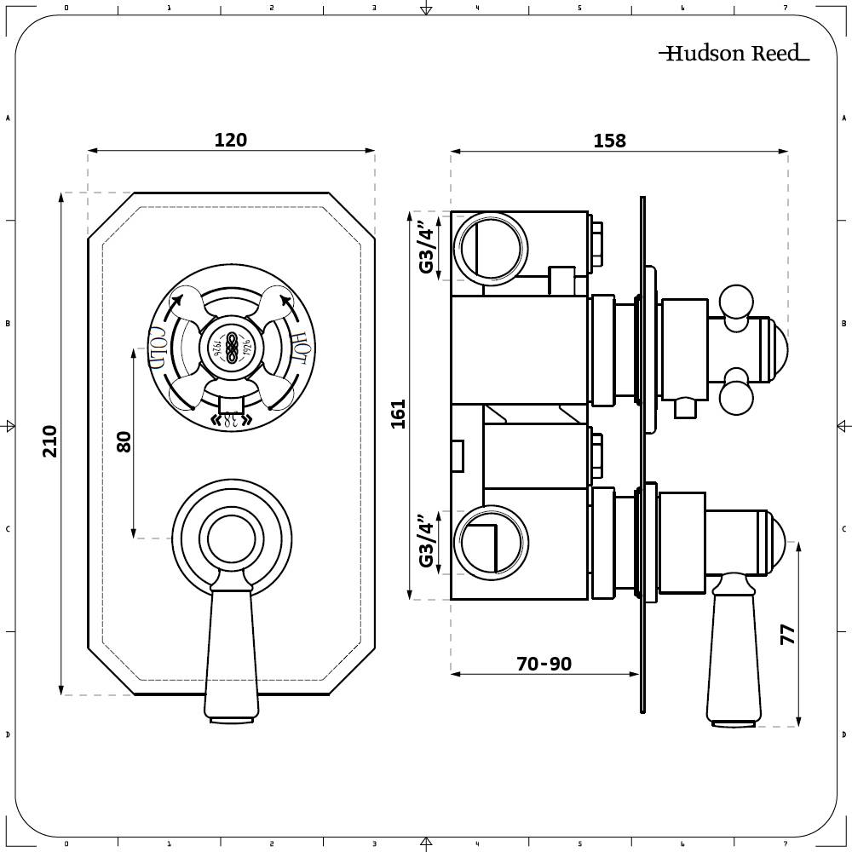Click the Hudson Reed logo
click(x=733, y=54)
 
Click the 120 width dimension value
click(x=230, y=140)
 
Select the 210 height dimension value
click(x=50, y=440)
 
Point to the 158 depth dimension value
click(x=609, y=141)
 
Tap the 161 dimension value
click(x=398, y=414)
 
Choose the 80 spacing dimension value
click(x=124, y=441)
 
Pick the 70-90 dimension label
click(x=544, y=664)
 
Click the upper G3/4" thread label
click(x=426, y=246)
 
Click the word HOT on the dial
click(x=298, y=347)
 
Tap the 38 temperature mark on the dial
click(x=231, y=419)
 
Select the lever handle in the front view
click(x=231, y=648)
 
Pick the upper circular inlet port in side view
click(x=491, y=247)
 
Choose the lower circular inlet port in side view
click(x=491, y=542)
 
